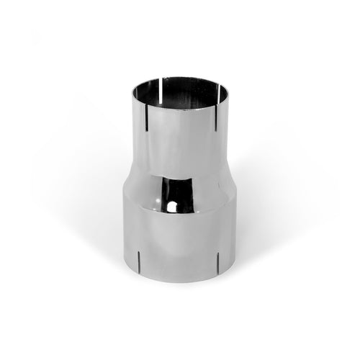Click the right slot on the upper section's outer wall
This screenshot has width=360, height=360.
[216, 118]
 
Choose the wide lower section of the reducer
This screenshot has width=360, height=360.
[180, 238]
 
